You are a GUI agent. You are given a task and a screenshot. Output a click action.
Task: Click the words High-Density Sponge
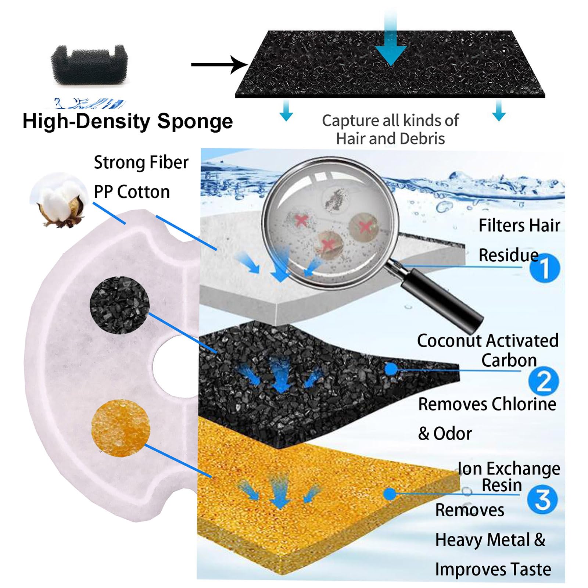pyautogui.click(x=128, y=121)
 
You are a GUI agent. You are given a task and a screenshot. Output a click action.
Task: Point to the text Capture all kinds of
pyautogui.click(x=390, y=121)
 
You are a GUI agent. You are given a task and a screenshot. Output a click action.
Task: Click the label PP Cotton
pyautogui.click(x=132, y=192)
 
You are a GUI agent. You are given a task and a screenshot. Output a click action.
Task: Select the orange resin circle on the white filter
pyautogui.click(x=121, y=429)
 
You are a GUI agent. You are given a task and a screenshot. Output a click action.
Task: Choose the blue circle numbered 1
pyautogui.click(x=545, y=268)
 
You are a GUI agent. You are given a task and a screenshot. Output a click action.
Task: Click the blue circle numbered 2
pyautogui.click(x=544, y=381)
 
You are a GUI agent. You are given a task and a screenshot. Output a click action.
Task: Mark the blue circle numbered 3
pyautogui.click(x=542, y=500)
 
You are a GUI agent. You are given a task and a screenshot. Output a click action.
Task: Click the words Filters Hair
pyautogui.click(x=519, y=225)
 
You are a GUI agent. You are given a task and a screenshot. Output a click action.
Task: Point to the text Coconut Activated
pyautogui.click(x=488, y=341)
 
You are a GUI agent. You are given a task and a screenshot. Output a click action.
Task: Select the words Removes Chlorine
pyautogui.click(x=487, y=404)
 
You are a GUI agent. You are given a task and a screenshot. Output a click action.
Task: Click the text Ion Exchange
pyautogui.click(x=509, y=469)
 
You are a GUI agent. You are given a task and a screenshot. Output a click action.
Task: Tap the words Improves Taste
pyautogui.click(x=493, y=569)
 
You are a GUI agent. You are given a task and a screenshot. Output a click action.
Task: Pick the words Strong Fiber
pyautogui.click(x=141, y=162)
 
